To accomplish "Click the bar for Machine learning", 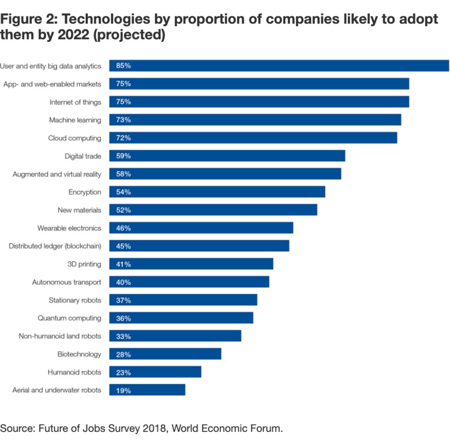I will (x=255, y=120).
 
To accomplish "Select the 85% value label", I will (x=123, y=66).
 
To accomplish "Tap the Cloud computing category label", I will (x=74, y=138).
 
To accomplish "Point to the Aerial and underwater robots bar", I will (x=147, y=390).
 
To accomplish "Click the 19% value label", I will (x=123, y=391).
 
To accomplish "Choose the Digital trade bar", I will (x=227, y=156).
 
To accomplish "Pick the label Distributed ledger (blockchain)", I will (x=55, y=246).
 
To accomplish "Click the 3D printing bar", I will (x=191, y=264).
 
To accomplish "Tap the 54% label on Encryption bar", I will (x=123, y=192).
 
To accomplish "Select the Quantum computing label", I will (x=69, y=319).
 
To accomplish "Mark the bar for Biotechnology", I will (x=165, y=354).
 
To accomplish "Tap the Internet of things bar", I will (x=259, y=102).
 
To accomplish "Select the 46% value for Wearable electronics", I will (x=123, y=228).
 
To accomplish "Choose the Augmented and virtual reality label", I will (x=57, y=174).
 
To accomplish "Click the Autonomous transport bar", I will (x=189, y=282).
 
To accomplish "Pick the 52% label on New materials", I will (x=123, y=210).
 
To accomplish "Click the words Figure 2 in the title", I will (x=24, y=20).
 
